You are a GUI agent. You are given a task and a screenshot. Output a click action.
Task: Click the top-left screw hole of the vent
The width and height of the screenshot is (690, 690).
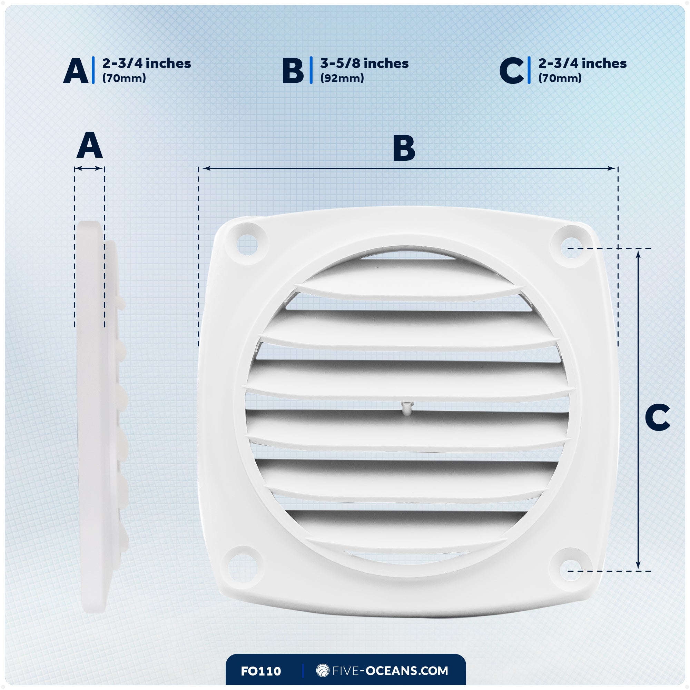pos(247,244)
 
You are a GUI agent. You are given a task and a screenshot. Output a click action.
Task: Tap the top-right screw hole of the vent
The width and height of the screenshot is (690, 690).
pos(571,247)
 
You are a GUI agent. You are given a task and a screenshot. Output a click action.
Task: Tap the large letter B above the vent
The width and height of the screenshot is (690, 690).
pos(404,148)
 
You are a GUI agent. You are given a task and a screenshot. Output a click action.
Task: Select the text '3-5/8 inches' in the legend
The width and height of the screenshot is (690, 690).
pos(364,63)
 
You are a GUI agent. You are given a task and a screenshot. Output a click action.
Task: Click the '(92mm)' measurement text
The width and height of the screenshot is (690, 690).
pos(342,78)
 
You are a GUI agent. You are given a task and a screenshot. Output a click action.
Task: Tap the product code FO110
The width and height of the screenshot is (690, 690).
pos(261,671)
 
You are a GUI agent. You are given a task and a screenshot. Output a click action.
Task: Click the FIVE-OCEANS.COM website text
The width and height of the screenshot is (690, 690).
pos(390,671)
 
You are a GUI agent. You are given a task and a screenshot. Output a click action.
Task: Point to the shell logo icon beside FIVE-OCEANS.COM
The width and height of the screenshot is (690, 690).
pos(323,670)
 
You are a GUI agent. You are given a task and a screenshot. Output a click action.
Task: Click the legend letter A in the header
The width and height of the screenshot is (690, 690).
pos(76,71)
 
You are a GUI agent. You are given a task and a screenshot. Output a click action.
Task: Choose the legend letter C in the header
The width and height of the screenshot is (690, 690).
pos(511,71)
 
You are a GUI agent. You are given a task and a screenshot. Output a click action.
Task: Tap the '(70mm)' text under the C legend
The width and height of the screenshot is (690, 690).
pos(560,78)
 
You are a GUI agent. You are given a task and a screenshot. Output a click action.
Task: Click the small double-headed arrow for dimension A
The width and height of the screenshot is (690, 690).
pos(89,169)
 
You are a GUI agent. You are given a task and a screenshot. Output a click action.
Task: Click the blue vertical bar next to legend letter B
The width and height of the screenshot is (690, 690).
pos(311,70)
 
